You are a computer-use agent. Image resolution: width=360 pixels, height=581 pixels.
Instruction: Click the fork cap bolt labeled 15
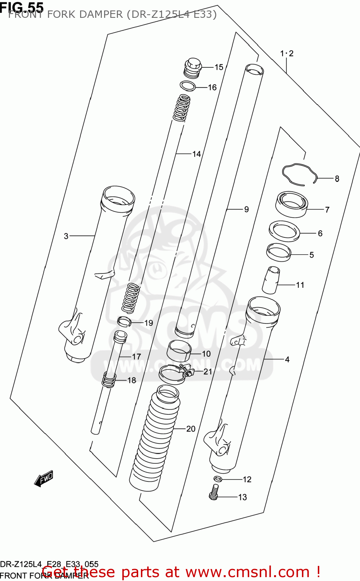(x=193, y=68)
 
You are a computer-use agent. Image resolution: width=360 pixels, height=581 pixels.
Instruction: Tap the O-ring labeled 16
(x=188, y=86)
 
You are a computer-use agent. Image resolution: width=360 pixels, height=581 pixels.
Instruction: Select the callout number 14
(x=197, y=154)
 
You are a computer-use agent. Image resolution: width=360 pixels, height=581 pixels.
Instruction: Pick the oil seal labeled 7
(x=291, y=204)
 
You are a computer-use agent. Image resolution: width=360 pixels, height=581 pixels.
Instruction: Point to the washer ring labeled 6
(x=285, y=231)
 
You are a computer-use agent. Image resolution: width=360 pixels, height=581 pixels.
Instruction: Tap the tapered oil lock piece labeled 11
(x=270, y=280)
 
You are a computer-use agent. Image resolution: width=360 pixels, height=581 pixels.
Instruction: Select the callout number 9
(x=246, y=210)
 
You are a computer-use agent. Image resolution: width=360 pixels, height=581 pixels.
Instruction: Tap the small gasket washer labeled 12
(x=218, y=479)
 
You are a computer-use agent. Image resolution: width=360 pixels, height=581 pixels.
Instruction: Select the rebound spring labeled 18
(x=109, y=380)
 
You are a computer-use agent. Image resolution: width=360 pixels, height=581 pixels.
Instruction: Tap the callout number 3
(x=66, y=236)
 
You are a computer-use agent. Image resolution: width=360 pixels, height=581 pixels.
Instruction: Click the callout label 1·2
(x=287, y=53)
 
